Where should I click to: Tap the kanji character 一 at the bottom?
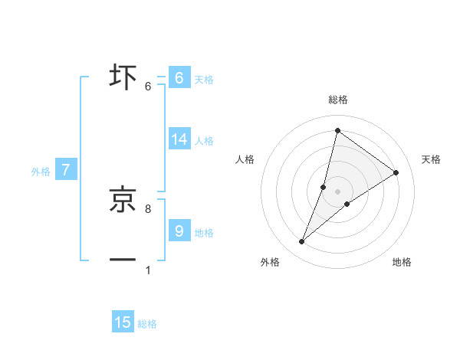(x=123, y=260)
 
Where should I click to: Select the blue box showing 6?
(x=179, y=78)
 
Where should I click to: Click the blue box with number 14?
(x=179, y=139)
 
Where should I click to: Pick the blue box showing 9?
(x=179, y=231)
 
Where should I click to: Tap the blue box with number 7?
(x=66, y=170)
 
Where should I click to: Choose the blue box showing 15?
(x=123, y=322)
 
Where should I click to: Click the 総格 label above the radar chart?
(x=337, y=100)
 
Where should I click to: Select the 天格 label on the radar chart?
(x=432, y=159)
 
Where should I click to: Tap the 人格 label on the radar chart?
(x=245, y=159)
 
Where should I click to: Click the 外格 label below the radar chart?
(x=270, y=262)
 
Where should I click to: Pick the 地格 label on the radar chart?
(x=402, y=262)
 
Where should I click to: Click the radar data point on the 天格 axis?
(x=396, y=172)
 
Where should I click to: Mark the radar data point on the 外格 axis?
(x=302, y=242)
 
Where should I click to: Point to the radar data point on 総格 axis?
(x=337, y=130)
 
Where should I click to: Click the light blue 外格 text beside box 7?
(x=41, y=172)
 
